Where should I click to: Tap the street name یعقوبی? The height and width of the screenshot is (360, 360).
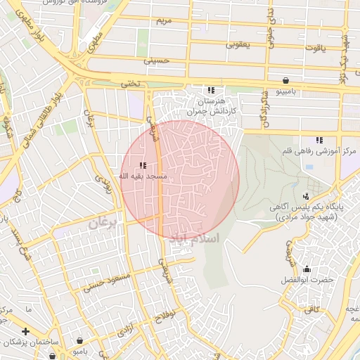coord(239,44)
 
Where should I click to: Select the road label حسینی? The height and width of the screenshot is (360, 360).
coord(157,61)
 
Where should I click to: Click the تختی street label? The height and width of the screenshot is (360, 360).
coord(129,84)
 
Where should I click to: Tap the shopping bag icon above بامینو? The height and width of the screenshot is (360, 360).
coord(285,80)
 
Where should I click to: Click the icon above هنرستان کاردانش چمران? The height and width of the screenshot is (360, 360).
coord(210,90)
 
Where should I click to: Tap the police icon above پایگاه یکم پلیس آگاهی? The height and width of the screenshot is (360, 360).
coord(305,196)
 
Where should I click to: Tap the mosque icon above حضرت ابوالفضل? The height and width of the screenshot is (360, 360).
coord(306,269)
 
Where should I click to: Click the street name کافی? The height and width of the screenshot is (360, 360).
coord(310,309)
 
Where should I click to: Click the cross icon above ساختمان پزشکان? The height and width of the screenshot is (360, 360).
coord(25,331)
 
